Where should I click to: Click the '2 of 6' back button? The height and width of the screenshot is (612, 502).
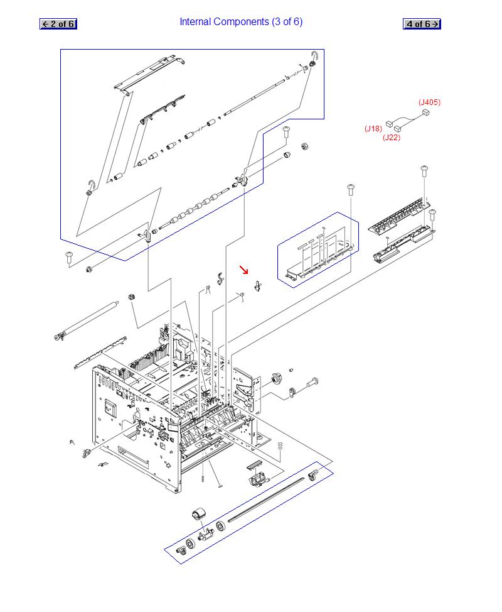click(x=58, y=24)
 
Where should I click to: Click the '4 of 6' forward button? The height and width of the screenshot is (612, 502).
click(x=422, y=24)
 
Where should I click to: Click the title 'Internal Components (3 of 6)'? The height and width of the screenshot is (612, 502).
click(x=241, y=22)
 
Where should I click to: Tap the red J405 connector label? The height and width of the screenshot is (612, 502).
click(x=429, y=102)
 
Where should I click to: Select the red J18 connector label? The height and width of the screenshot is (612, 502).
click(x=373, y=128)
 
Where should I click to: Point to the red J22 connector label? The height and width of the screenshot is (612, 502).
click(x=392, y=138)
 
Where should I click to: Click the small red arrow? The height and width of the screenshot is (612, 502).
click(x=244, y=270)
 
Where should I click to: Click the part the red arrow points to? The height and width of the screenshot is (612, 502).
click(x=257, y=286)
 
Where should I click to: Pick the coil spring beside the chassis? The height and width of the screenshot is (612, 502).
click(x=280, y=445)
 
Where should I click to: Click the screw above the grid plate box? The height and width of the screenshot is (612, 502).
click(x=351, y=190)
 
